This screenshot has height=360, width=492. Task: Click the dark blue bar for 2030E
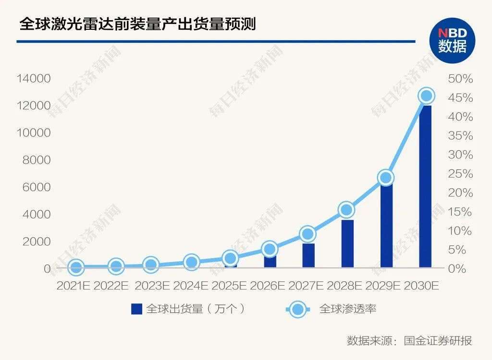pos(425,187)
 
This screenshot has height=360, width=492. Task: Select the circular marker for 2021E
pos(76,267)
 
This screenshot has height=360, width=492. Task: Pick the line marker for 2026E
pos(270,249)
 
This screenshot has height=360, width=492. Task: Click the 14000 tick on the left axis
pos(34,78)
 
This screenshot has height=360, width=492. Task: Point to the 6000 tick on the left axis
pos(37,187)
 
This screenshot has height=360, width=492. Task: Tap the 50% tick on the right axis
pos(460,78)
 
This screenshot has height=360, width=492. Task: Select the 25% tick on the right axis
pos(460,174)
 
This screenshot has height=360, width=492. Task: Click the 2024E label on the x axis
pos(191,286)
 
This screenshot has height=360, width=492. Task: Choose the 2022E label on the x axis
pos(111,286)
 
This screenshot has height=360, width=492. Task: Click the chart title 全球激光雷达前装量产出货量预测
pos(137,24)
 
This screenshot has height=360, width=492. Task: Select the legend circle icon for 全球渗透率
pos(298,309)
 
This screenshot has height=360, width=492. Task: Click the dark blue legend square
pos(137,309)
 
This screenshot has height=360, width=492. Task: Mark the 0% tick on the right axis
pos(460,269)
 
